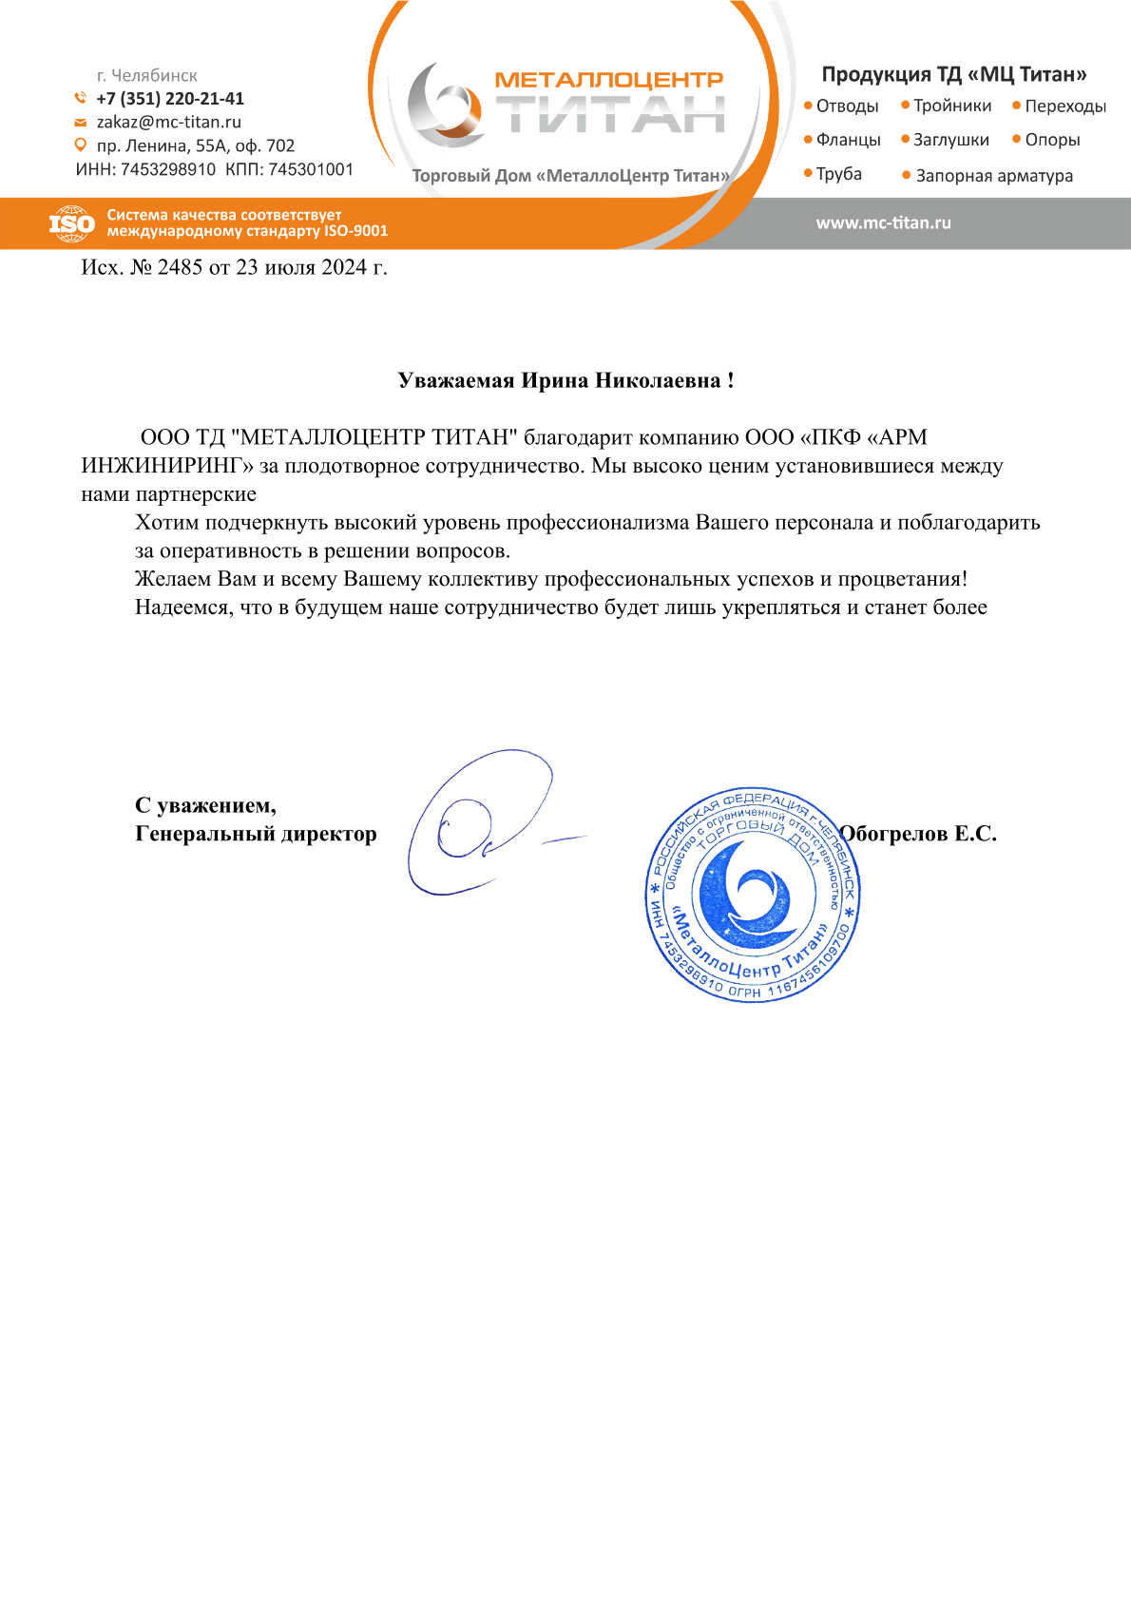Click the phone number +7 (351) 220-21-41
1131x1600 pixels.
point(170,99)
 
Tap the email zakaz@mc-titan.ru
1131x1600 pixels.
point(169,123)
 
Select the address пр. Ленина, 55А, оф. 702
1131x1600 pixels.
point(196,146)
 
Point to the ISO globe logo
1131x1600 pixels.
point(71,224)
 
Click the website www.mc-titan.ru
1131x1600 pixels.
point(883,223)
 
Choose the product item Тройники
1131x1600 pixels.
point(952,106)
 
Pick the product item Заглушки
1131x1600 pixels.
point(950,141)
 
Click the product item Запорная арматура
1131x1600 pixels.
point(994,176)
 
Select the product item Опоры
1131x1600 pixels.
point(1052,141)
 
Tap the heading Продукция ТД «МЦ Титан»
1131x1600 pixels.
point(954,74)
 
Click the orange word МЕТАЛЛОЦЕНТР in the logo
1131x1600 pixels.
point(609,80)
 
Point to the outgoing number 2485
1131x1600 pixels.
point(181,268)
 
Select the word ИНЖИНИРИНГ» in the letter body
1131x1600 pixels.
point(167,466)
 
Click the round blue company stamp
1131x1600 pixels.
point(752,895)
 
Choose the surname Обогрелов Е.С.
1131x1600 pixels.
point(919,834)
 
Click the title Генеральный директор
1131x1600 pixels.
point(256,834)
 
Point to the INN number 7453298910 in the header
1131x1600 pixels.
point(168,170)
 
